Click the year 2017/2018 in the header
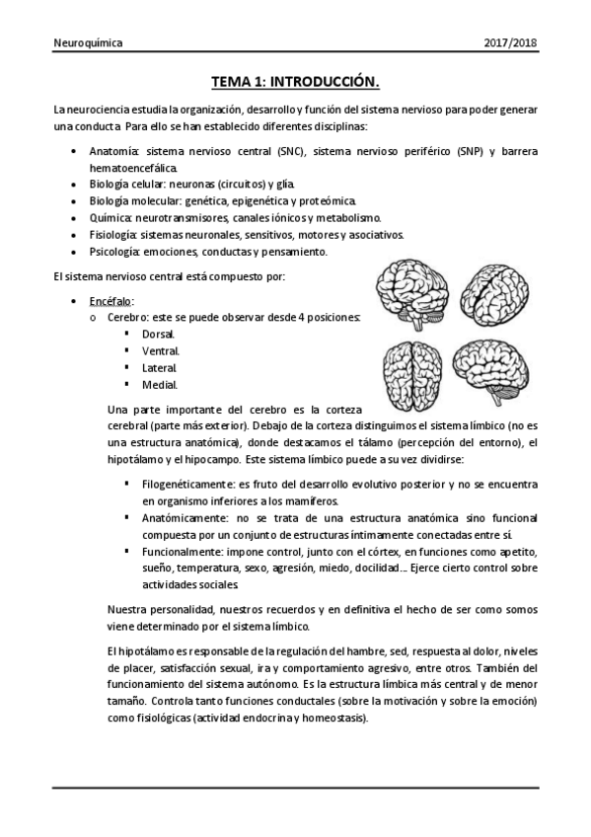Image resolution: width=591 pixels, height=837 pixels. tap(511, 44)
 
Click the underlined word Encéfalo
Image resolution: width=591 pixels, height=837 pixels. tap(111, 300)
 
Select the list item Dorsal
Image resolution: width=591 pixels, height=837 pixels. tap(159, 335)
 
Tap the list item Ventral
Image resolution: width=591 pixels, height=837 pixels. tap(161, 350)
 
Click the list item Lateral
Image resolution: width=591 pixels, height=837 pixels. tap(160, 367)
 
